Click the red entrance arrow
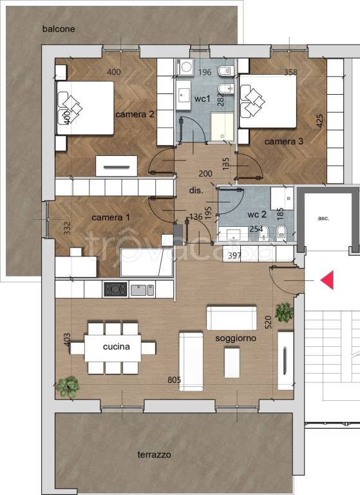[328, 280]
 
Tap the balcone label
[59, 29]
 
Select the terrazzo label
[155, 454]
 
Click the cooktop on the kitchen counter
[115, 289]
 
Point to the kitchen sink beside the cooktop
[142, 290]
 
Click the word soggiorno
[236, 338]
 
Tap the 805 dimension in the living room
[174, 380]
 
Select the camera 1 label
[110, 217]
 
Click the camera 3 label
[283, 141]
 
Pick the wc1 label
[202, 99]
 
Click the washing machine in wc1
[186, 67]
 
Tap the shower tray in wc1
[222, 126]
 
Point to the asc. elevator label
[323, 218]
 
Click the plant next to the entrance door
[284, 312]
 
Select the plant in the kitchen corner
[68, 387]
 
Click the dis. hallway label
[196, 191]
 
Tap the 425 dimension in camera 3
[319, 121]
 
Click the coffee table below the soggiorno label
[232, 362]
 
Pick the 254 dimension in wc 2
[256, 229]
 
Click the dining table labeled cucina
[113, 348]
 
